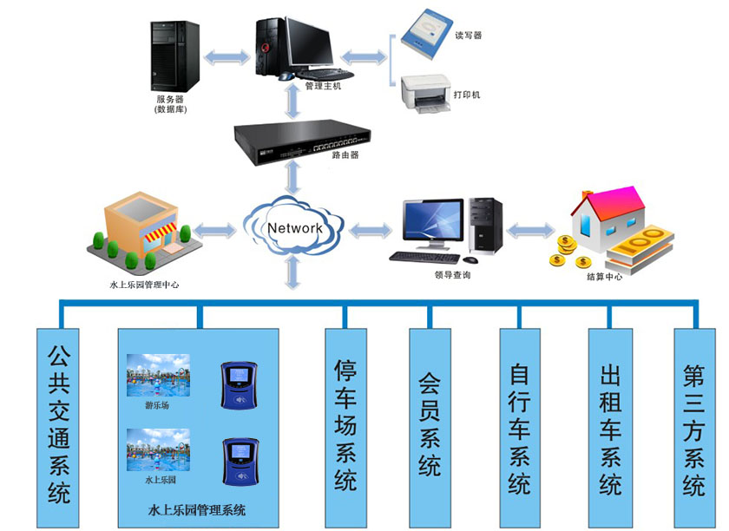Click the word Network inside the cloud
295,229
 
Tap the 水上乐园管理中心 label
145,285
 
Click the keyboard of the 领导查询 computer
424,257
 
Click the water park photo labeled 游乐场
158,375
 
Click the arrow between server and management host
227,57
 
